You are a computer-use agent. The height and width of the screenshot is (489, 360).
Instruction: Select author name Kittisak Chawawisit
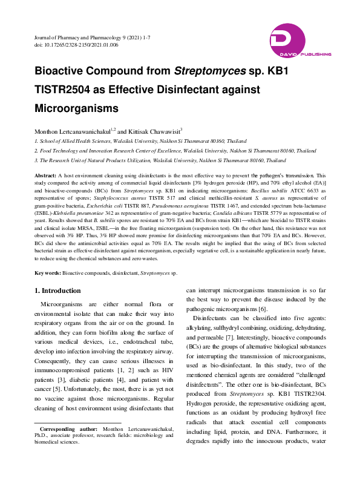pyautogui.click(x=154, y=130)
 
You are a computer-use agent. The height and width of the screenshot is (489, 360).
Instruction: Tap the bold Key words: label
pyautogui.click(x=48, y=274)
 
